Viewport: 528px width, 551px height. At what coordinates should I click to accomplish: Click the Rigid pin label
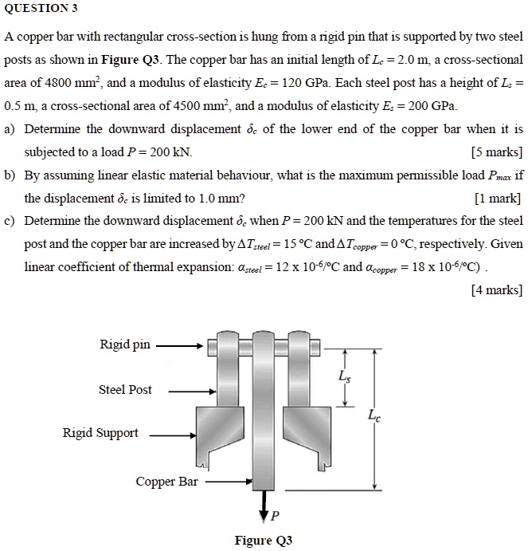pyautogui.click(x=124, y=344)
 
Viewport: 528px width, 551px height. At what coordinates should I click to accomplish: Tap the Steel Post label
pyautogui.click(x=125, y=390)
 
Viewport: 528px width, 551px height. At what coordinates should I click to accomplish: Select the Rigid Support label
pyautogui.click(x=100, y=433)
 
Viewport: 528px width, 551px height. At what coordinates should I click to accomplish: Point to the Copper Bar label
pyautogui.click(x=166, y=482)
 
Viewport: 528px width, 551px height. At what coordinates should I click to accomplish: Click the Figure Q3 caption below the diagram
pyautogui.click(x=263, y=541)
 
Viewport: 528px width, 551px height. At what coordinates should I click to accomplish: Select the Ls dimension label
pyautogui.click(x=343, y=376)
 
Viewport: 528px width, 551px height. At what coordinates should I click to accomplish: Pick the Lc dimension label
pyautogui.click(x=374, y=415)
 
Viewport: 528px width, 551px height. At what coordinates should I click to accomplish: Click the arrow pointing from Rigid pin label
pyautogui.click(x=179, y=347)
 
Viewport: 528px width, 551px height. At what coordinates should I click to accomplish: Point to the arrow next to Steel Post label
pyautogui.click(x=191, y=392)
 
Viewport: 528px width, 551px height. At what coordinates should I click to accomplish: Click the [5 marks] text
pyautogui.click(x=497, y=152)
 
